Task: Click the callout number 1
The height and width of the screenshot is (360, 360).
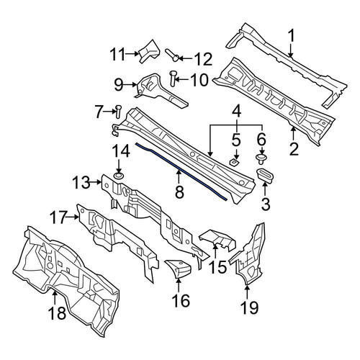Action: click(x=291, y=36)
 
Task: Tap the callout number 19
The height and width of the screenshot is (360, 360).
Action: click(x=250, y=307)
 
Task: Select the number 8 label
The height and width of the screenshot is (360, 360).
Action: click(x=179, y=192)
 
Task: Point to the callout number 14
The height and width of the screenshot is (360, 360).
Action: click(x=122, y=151)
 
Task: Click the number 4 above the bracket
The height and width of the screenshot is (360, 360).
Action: click(x=237, y=113)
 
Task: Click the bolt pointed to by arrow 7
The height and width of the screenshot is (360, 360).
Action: click(x=118, y=112)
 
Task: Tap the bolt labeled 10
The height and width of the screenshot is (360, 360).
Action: click(x=173, y=78)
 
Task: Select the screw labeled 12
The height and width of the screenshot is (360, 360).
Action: click(x=172, y=55)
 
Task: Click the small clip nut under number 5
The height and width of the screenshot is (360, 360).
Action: click(x=234, y=163)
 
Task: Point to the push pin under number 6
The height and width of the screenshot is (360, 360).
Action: click(x=260, y=159)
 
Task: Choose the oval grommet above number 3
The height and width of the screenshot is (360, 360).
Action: click(x=265, y=176)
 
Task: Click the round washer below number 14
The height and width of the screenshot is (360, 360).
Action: click(x=119, y=176)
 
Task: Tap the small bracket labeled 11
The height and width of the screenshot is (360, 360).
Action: click(x=149, y=51)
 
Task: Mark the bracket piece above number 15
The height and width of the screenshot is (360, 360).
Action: click(x=217, y=239)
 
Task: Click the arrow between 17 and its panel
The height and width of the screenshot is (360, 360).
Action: click(x=72, y=217)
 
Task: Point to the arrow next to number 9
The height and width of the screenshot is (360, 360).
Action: click(x=132, y=84)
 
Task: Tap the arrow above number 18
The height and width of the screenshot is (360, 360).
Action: click(x=55, y=297)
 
